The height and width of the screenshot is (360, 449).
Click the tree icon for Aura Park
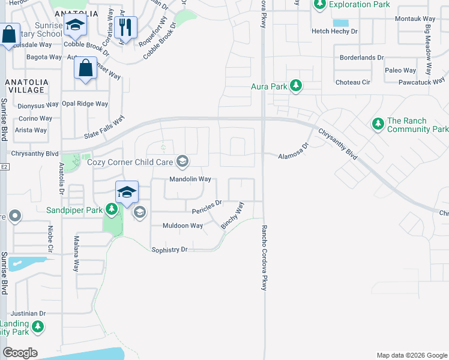[295, 86]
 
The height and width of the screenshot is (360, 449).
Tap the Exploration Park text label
[359, 5]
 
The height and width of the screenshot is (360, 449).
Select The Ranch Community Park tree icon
[378, 124]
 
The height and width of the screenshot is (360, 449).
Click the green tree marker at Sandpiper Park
[111, 209]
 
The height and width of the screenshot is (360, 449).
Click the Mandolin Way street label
[190, 179]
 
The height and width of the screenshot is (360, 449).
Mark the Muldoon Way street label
[183, 226]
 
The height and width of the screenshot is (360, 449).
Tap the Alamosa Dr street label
[293, 152]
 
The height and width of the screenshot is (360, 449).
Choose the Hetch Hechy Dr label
[334, 31]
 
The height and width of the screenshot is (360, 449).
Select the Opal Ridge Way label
[85, 104]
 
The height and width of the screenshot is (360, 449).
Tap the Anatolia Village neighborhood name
[25, 85]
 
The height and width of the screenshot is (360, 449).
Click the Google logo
[20, 353]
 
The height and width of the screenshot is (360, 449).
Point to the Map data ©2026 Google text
[411, 355]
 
